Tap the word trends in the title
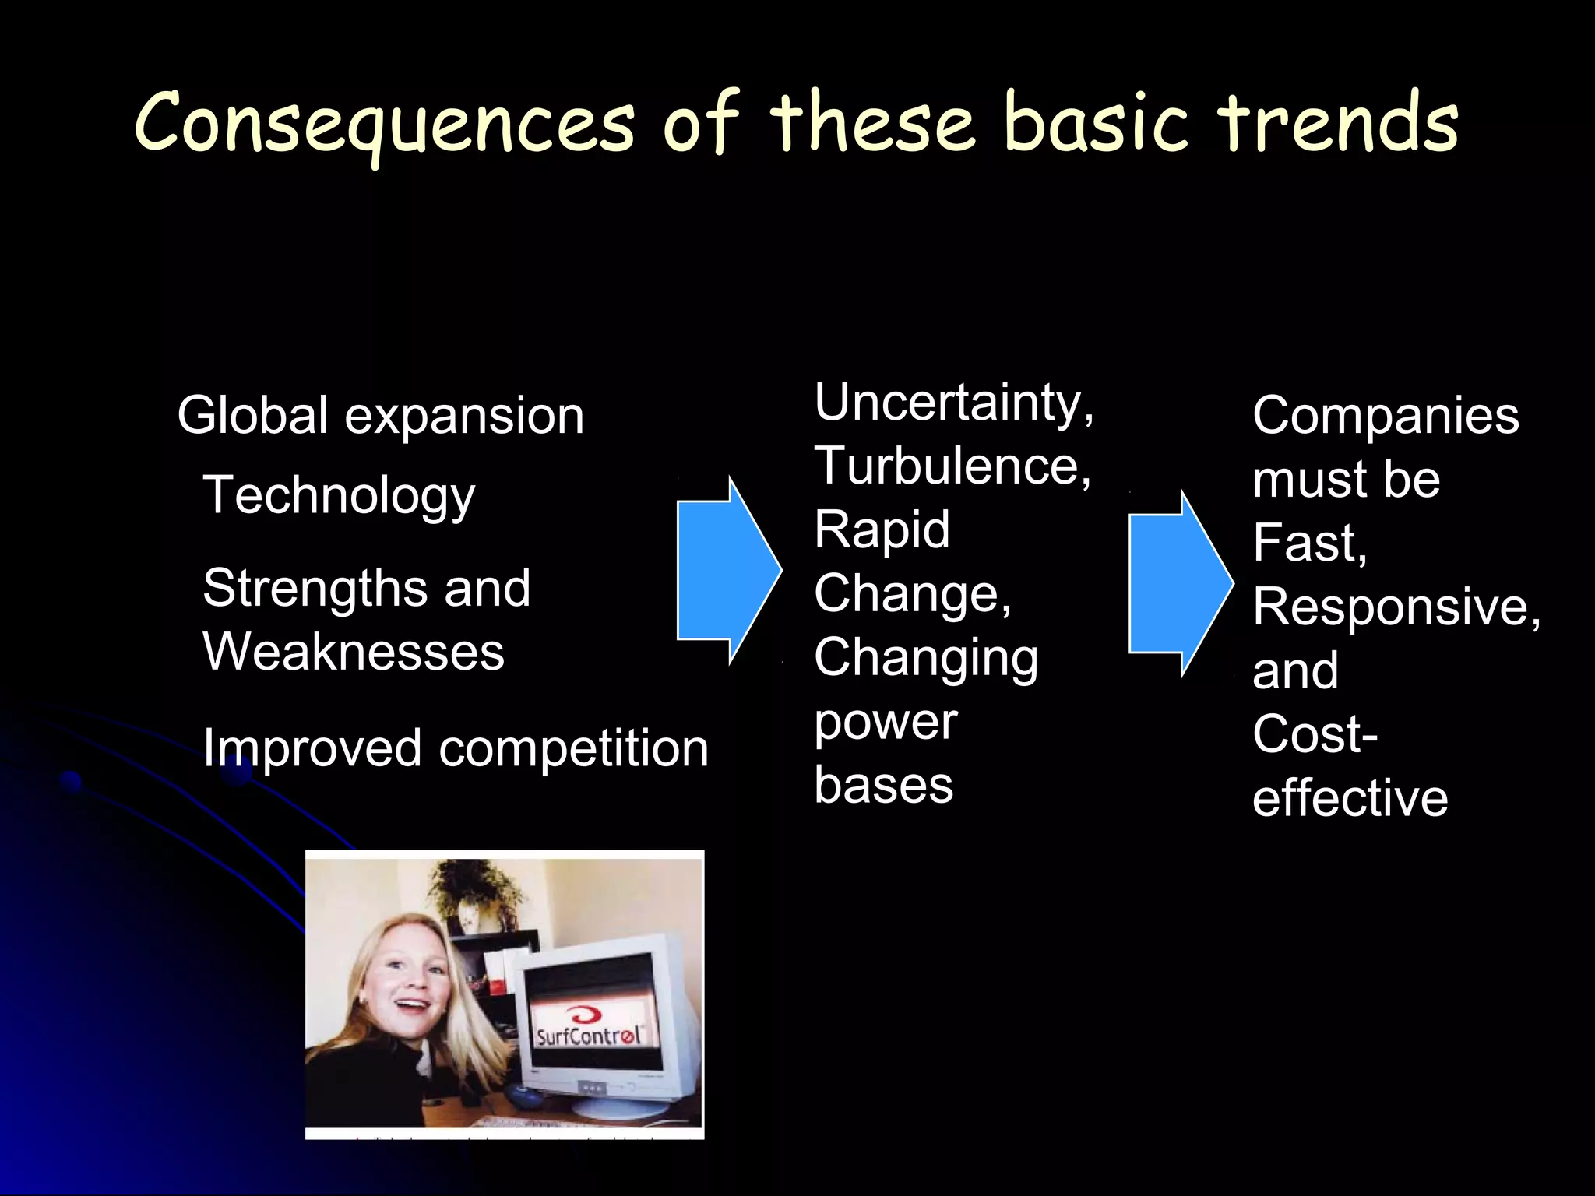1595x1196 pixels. click(1337, 123)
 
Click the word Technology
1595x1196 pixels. click(339, 496)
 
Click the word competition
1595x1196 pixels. click(574, 749)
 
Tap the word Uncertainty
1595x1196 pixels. click(952, 403)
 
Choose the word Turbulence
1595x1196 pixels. click(951, 467)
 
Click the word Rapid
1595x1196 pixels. click(882, 530)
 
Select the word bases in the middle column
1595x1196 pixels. click(883, 785)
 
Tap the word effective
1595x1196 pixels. click(1350, 798)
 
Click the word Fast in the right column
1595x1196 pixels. click(1309, 543)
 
